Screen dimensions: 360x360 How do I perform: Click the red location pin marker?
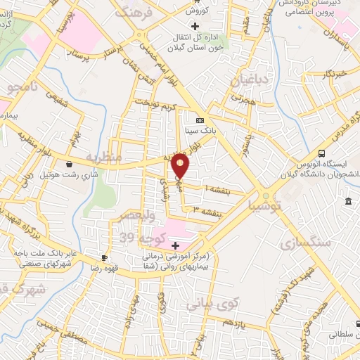181,167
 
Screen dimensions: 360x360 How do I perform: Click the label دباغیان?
250,79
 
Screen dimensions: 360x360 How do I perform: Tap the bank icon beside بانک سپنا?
198,119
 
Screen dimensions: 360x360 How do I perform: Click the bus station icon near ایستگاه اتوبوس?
321,153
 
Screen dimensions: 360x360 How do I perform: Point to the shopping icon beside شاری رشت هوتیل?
69,165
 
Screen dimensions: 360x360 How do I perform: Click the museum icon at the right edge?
349,202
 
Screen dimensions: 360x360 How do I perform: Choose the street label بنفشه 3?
208,210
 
